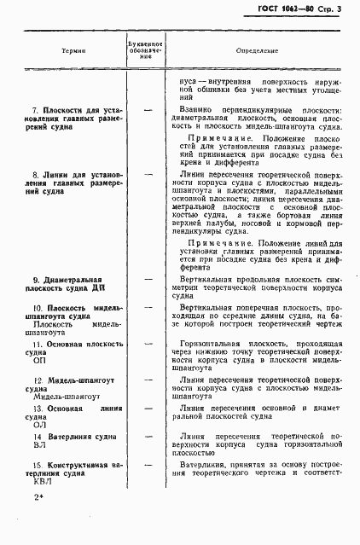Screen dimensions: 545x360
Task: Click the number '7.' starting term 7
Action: pyautogui.click(x=36, y=111)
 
